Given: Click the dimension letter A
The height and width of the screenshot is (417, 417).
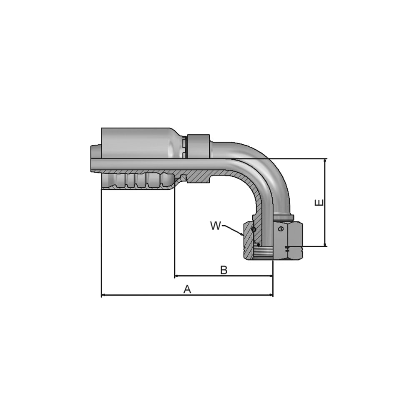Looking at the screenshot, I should (x=187, y=289).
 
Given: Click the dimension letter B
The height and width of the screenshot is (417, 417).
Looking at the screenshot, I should (x=224, y=270).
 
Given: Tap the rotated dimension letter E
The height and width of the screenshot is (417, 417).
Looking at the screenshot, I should (x=319, y=203).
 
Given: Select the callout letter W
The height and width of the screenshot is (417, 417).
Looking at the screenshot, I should (x=216, y=226).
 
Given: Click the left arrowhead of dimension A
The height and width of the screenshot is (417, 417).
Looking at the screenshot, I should (x=103, y=295).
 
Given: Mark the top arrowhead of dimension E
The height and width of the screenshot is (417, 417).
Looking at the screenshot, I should (x=325, y=161).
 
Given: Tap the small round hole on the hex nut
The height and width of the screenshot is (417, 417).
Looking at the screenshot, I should (x=282, y=229).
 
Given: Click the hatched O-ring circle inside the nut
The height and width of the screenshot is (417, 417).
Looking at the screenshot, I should (x=253, y=229).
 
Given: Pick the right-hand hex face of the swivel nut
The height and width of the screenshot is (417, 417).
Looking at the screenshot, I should (x=298, y=240).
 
